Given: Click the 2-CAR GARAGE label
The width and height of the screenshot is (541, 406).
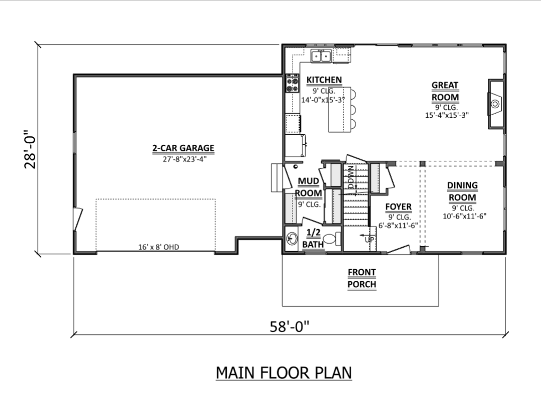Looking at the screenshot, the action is (x=183, y=148).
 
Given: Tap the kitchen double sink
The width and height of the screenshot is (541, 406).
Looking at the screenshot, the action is (x=321, y=56).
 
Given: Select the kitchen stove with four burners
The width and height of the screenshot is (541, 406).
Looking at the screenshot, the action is (x=292, y=83).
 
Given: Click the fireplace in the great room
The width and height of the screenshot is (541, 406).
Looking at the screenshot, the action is (x=495, y=104).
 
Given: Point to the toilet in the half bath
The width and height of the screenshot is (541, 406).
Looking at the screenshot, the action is (x=333, y=239).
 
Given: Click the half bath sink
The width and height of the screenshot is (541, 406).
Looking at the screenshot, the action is (x=292, y=238).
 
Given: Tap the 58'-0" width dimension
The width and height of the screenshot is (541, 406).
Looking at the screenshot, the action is (x=289, y=326).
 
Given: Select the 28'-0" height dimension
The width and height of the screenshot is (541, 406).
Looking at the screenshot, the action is (x=30, y=149).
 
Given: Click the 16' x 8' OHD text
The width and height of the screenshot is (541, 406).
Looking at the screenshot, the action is (x=159, y=247).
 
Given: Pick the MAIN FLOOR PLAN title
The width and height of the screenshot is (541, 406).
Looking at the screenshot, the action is (x=283, y=373).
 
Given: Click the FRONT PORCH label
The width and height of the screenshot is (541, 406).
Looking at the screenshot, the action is (x=361, y=279).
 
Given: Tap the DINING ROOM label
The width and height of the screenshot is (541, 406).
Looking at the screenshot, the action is (x=463, y=192).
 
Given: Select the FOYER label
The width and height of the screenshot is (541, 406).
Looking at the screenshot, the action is (x=398, y=207).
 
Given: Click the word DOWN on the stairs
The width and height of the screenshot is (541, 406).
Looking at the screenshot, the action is (x=351, y=177).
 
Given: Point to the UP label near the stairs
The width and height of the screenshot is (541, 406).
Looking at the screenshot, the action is (x=369, y=239).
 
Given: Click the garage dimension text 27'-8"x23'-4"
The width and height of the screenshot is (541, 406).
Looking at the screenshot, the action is (x=185, y=159).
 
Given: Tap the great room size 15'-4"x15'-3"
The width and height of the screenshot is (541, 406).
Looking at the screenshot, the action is (x=447, y=115).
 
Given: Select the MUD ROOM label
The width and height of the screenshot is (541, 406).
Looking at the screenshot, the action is (x=308, y=187).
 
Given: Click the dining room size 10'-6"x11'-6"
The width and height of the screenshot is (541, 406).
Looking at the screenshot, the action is (x=465, y=217).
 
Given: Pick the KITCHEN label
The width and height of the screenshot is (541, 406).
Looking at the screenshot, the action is (x=324, y=80).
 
